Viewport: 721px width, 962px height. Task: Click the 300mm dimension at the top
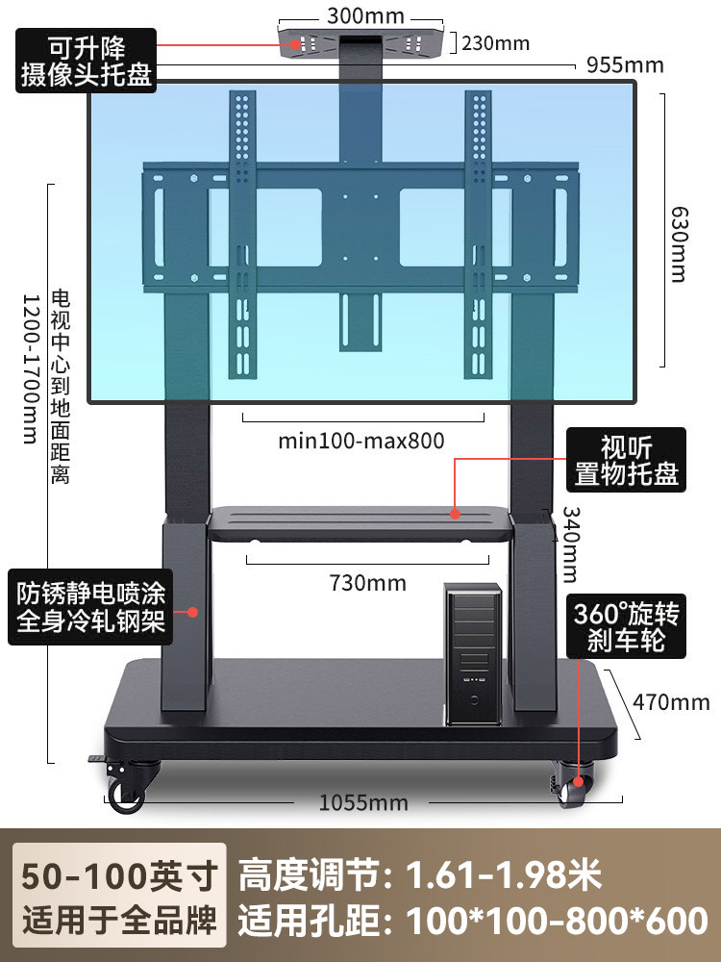tap(364, 15)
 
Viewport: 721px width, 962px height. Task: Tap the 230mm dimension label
tap(495, 43)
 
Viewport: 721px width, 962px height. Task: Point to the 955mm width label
tap(625, 65)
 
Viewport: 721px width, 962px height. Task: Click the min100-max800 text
tap(361, 442)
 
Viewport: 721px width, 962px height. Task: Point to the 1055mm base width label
tap(362, 802)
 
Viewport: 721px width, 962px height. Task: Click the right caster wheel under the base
tap(575, 791)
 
